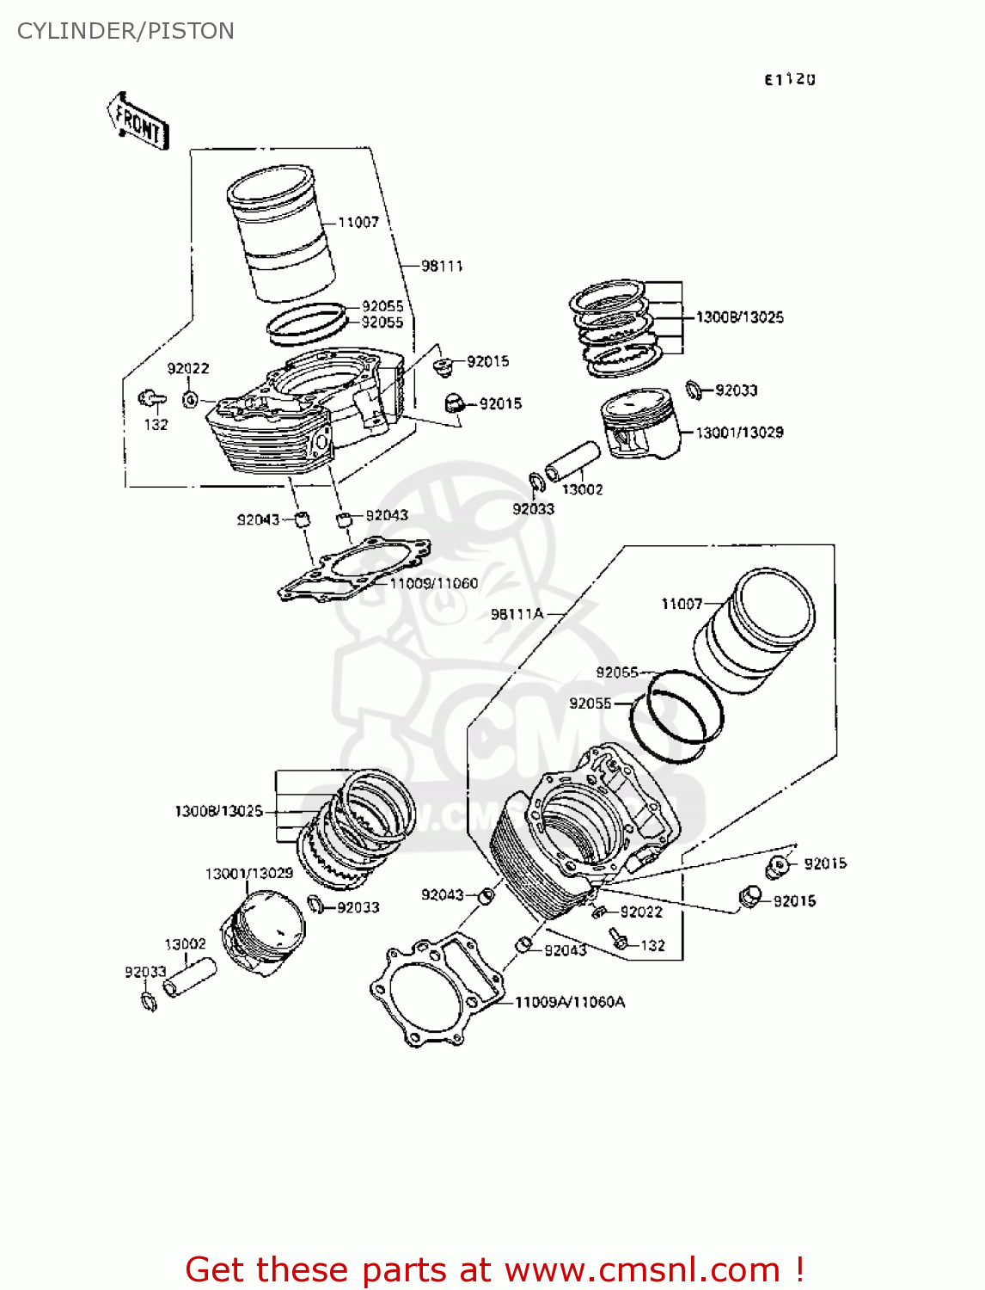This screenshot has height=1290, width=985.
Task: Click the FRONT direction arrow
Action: click(x=138, y=122)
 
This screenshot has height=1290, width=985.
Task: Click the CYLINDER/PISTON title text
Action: click(x=125, y=31)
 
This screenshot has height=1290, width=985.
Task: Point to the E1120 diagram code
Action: click(x=789, y=79)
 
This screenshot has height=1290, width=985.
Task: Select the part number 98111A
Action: click(x=517, y=614)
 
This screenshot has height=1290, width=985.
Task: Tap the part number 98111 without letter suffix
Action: click(x=442, y=266)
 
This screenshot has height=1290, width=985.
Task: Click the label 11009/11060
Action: click(x=433, y=583)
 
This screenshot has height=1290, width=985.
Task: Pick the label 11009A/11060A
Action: click(x=569, y=1002)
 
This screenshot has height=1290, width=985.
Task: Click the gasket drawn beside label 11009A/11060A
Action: click(x=434, y=989)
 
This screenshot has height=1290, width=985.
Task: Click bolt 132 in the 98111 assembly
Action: click(x=151, y=398)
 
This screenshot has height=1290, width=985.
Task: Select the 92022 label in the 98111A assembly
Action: click(x=641, y=912)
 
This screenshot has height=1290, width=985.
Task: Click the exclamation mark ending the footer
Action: click(x=799, y=1269)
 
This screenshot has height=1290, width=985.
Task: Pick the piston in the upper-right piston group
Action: click(x=640, y=426)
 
